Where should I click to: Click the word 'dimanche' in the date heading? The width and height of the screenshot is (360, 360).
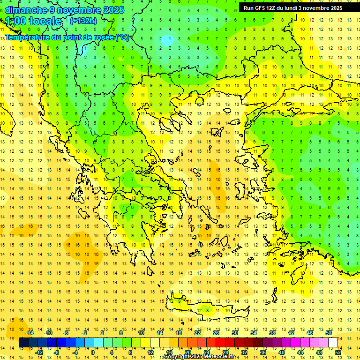26,10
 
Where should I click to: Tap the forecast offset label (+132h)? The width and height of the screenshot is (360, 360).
83,21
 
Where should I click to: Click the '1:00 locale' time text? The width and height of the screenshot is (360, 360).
33,21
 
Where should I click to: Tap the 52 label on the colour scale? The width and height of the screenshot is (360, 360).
338,352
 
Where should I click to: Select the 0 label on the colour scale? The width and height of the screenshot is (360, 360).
92,352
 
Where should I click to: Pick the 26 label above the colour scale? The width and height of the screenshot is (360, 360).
216,333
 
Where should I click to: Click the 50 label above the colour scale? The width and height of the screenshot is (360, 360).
329,333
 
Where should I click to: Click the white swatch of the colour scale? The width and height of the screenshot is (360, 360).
333,343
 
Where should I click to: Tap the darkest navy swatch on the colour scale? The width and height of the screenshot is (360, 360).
24,343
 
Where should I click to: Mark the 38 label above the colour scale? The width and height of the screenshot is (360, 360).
272,333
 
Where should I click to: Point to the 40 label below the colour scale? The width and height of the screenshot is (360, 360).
282,352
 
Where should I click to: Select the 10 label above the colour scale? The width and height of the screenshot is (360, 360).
141,333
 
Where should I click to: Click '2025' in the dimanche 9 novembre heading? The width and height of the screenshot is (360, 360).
113,10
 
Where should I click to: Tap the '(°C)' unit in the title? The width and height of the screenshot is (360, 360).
122,37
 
